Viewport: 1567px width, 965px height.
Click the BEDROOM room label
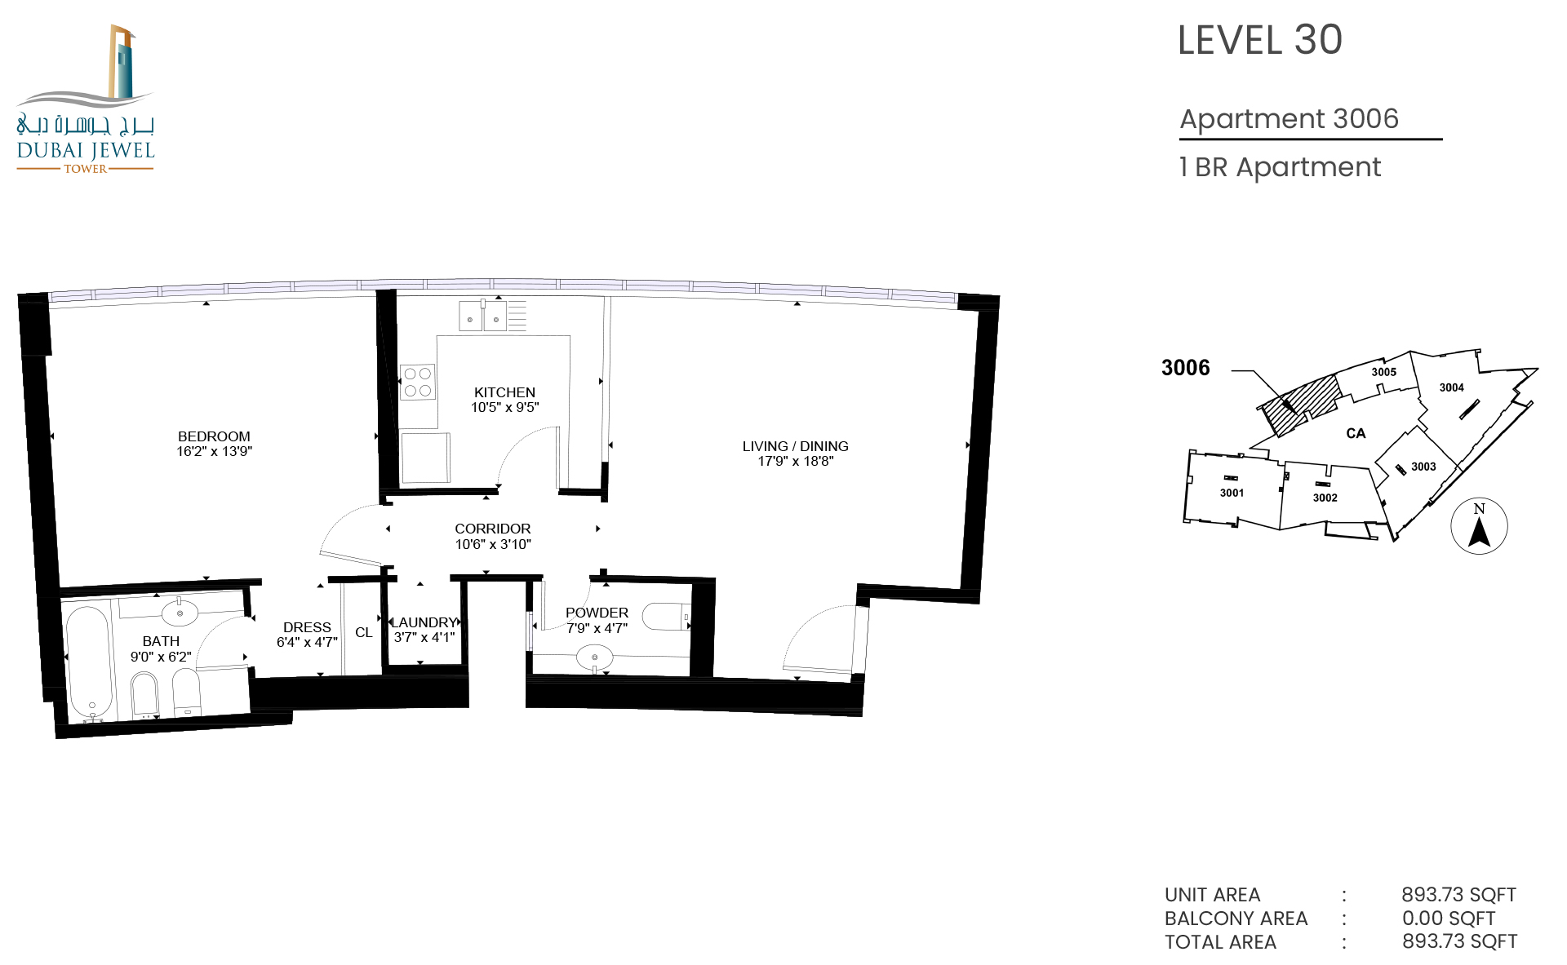coord(214,436)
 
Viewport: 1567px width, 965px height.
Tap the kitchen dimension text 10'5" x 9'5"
coord(505,407)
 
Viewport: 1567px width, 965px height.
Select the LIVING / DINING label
coord(796,446)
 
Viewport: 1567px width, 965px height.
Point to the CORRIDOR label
coord(493,529)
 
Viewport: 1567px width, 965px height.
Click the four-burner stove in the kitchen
coord(418,382)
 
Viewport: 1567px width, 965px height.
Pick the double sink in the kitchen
coord(483,316)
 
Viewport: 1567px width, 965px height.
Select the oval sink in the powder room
coord(595,657)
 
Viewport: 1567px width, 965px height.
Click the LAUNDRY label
coord(424,622)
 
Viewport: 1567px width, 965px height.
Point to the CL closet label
coord(364,632)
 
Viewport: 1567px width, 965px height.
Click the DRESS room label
coord(307,627)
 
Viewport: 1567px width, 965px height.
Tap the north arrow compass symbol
coord(1479,526)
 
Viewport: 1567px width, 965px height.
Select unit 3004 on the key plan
coord(1452,387)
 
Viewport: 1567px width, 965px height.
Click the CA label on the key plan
coord(1356,433)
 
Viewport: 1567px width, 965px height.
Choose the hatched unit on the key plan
coord(1300,405)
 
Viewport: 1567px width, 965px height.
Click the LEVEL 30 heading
coord(1260,40)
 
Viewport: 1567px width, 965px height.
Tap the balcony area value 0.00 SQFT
coord(1449,918)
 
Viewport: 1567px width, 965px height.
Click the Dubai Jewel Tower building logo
coord(86,98)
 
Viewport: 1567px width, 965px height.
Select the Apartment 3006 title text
coord(1290,119)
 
